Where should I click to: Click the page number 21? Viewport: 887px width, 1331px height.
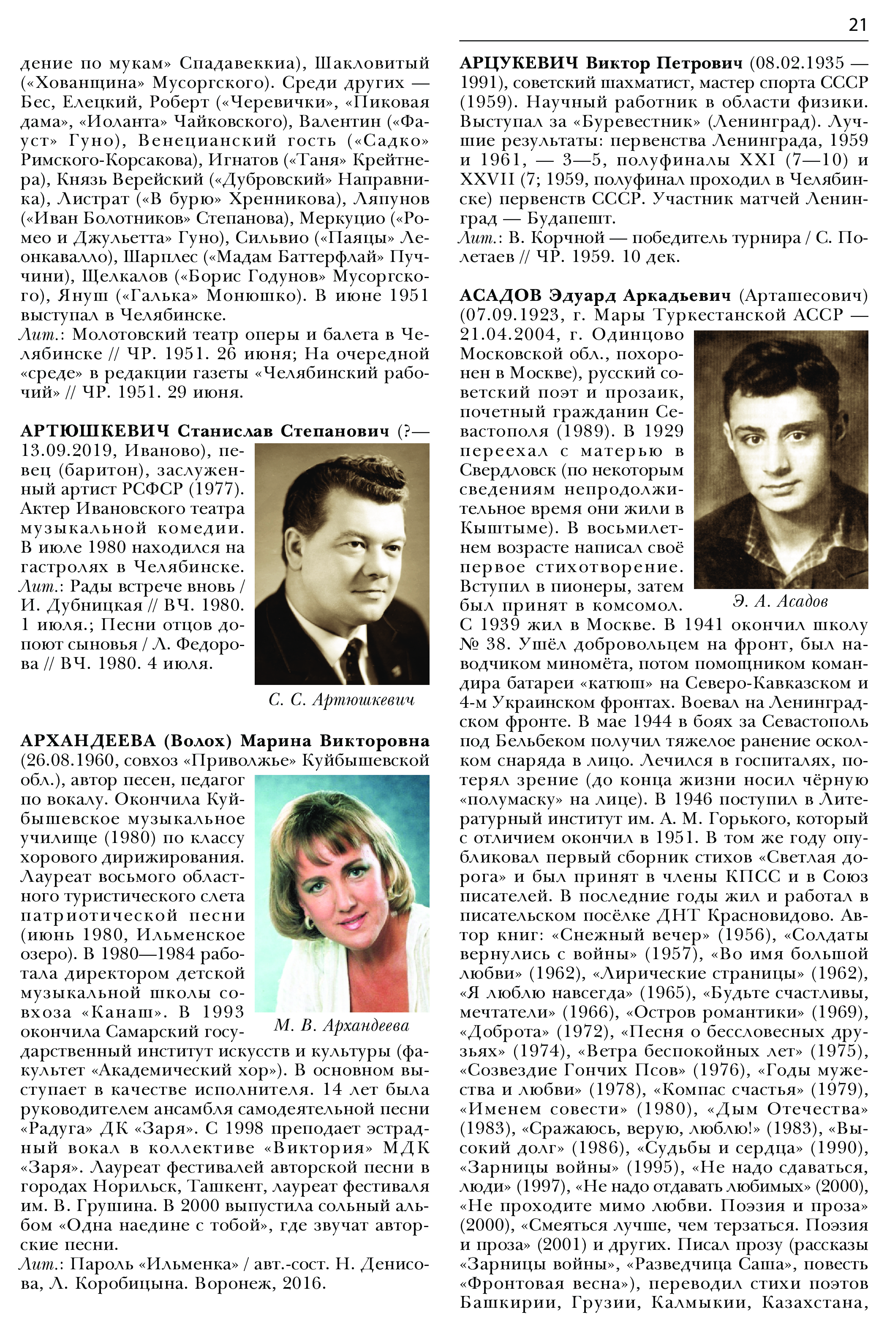click(x=857, y=25)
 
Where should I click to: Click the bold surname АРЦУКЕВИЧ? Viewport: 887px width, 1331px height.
click(x=519, y=63)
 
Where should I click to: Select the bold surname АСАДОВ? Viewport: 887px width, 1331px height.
click(x=501, y=295)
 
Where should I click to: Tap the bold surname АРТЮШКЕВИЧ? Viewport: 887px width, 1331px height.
click(x=95, y=431)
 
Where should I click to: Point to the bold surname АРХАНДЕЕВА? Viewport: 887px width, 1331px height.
click(x=88, y=741)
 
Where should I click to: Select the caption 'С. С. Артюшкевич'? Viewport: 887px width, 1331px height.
click(x=341, y=700)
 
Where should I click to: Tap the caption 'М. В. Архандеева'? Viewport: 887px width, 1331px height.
click(x=341, y=1026)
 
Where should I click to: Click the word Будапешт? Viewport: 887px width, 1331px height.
click(x=571, y=218)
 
